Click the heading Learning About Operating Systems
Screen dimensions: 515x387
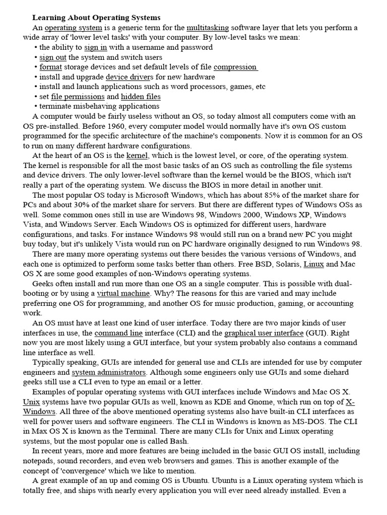click(96, 18)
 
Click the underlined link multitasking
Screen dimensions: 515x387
click(208, 28)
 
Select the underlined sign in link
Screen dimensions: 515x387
click(95, 47)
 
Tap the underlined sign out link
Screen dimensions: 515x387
click(53, 57)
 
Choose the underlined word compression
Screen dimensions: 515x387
click(235, 67)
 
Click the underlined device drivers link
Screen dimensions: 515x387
click(129, 77)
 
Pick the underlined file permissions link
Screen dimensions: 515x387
click(78, 97)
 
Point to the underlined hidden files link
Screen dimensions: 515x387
click(141, 97)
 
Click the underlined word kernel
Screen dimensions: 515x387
click(137, 156)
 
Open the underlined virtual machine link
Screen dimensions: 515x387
click(123, 293)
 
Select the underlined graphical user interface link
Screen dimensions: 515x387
click(264, 333)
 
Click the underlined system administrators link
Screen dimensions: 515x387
click(109, 372)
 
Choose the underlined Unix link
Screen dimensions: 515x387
click(31, 402)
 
